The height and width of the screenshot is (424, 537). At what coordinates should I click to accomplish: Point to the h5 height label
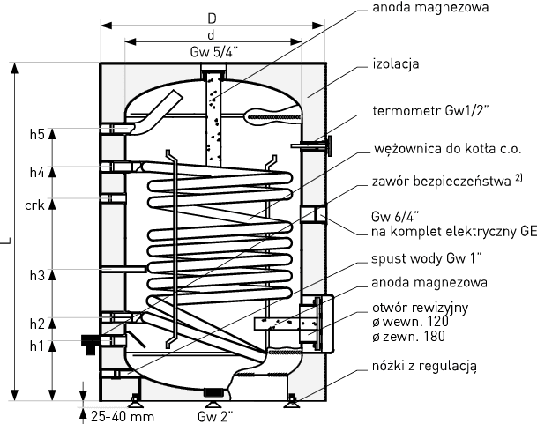(x=36, y=135)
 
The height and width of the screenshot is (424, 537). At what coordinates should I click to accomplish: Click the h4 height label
(x=36, y=172)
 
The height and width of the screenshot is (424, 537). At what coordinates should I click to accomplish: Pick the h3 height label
(x=36, y=276)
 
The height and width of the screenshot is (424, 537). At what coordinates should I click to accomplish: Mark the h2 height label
(x=36, y=324)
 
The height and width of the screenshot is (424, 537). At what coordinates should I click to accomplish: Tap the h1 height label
(x=36, y=346)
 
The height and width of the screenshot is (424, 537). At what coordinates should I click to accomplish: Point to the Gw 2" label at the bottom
(x=215, y=413)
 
